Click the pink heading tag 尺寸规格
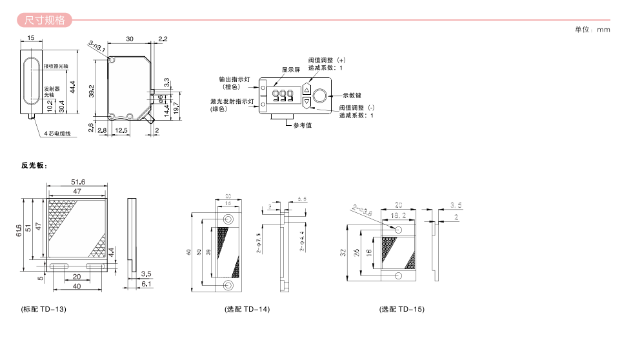tap(45, 19)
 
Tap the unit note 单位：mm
tap(592, 30)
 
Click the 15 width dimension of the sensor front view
tap(32, 39)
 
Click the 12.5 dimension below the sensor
tap(120, 130)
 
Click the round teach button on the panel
tap(320, 96)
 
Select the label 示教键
tap(352, 95)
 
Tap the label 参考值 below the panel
tap(302, 125)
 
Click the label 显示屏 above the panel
tap(291, 70)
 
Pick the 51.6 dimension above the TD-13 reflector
tap(78, 183)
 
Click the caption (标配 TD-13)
tap(44, 309)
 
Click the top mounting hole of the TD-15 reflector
tap(398, 230)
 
